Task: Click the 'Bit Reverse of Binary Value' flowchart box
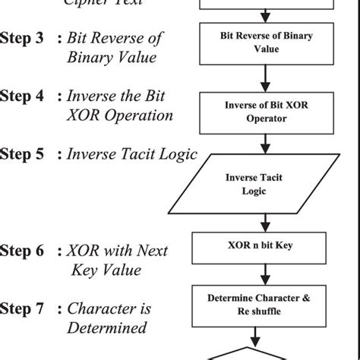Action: pyautogui.click(x=265, y=43)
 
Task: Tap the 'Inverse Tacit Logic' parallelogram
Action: pyautogui.click(x=265, y=184)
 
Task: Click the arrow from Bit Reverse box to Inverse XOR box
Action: pyautogui.click(x=265, y=77)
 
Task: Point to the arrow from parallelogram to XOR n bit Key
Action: pyautogui.click(x=265, y=221)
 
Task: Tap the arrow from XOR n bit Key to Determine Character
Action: pyautogui.click(x=265, y=273)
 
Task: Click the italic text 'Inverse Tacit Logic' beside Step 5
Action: pyautogui.click(x=132, y=154)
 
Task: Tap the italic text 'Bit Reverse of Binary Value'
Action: pyautogui.click(x=114, y=47)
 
